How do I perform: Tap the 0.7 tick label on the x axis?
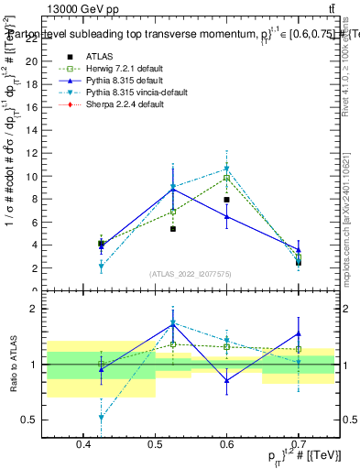pyautogui.click(x=298, y=445)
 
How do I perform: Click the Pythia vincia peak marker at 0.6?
pyautogui.click(x=226, y=169)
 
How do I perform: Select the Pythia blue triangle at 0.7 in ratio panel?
pyautogui.click(x=298, y=333)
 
